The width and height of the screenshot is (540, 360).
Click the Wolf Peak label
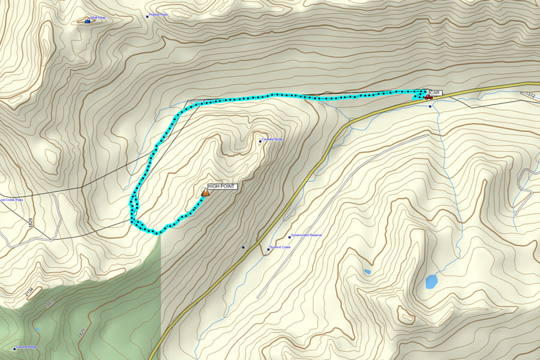pyautogui.click(x=98, y=18)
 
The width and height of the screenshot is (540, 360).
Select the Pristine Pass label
pyautogui.click(x=158, y=15)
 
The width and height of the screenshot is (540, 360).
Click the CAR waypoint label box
pyautogui.click(x=435, y=92)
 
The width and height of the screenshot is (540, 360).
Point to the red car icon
pyautogui.click(x=428, y=97)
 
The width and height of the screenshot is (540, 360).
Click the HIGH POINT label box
pyautogui.click(x=222, y=187)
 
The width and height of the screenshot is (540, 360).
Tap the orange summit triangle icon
pyautogui.click(x=206, y=193)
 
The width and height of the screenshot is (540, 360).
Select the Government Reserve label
pyautogui.click(x=307, y=235)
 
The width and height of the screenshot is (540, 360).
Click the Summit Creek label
pyautogui.click(x=280, y=247)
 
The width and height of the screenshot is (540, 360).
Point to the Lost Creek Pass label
pyautogui.click(x=11, y=200)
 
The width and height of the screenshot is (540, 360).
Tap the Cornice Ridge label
pyautogui.click(x=26, y=347)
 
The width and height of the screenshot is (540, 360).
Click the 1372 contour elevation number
pyautogui.click(x=529, y=94)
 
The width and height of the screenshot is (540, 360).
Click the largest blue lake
pyautogui.click(x=431, y=281)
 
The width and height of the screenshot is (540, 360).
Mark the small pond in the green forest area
pyautogui.click(x=37, y=329)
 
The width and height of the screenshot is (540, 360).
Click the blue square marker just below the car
pyautogui.click(x=430, y=107)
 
